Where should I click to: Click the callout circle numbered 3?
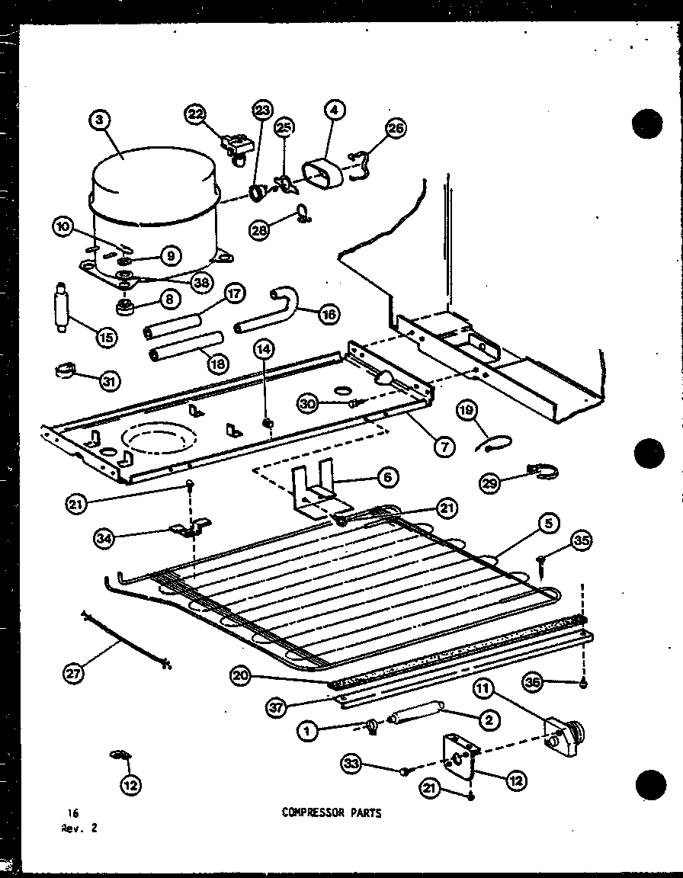(x=100, y=120)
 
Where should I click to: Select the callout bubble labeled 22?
(x=196, y=114)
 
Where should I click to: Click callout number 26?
(x=396, y=127)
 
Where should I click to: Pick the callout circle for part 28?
(x=261, y=230)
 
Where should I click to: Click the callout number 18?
(x=218, y=364)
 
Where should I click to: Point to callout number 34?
(x=104, y=539)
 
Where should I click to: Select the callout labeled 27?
(x=75, y=672)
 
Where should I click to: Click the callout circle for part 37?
(x=277, y=707)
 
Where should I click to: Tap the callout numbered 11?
(x=484, y=690)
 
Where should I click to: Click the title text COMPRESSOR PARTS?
(x=331, y=813)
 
